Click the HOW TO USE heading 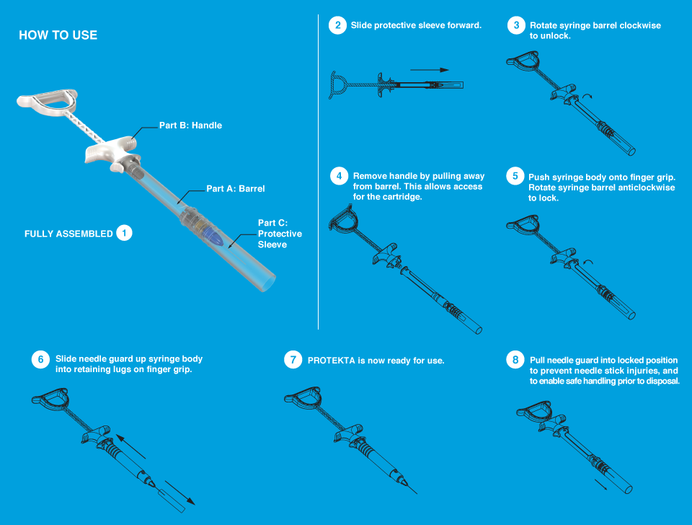pyautogui.click(x=58, y=35)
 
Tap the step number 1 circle pyautogui.click(x=124, y=233)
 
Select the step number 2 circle pyautogui.click(x=337, y=25)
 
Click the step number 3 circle pyautogui.click(x=515, y=25)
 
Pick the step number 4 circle pyautogui.click(x=339, y=176)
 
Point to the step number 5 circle pyautogui.click(x=515, y=175)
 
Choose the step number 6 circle pyautogui.click(x=40, y=359)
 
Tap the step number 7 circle pyautogui.click(x=293, y=359)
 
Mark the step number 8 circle pyautogui.click(x=515, y=359)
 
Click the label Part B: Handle pyautogui.click(x=190, y=125)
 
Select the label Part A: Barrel pyautogui.click(x=236, y=189)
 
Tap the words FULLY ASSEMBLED pyautogui.click(x=68, y=234)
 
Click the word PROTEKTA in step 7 pyautogui.click(x=331, y=361)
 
